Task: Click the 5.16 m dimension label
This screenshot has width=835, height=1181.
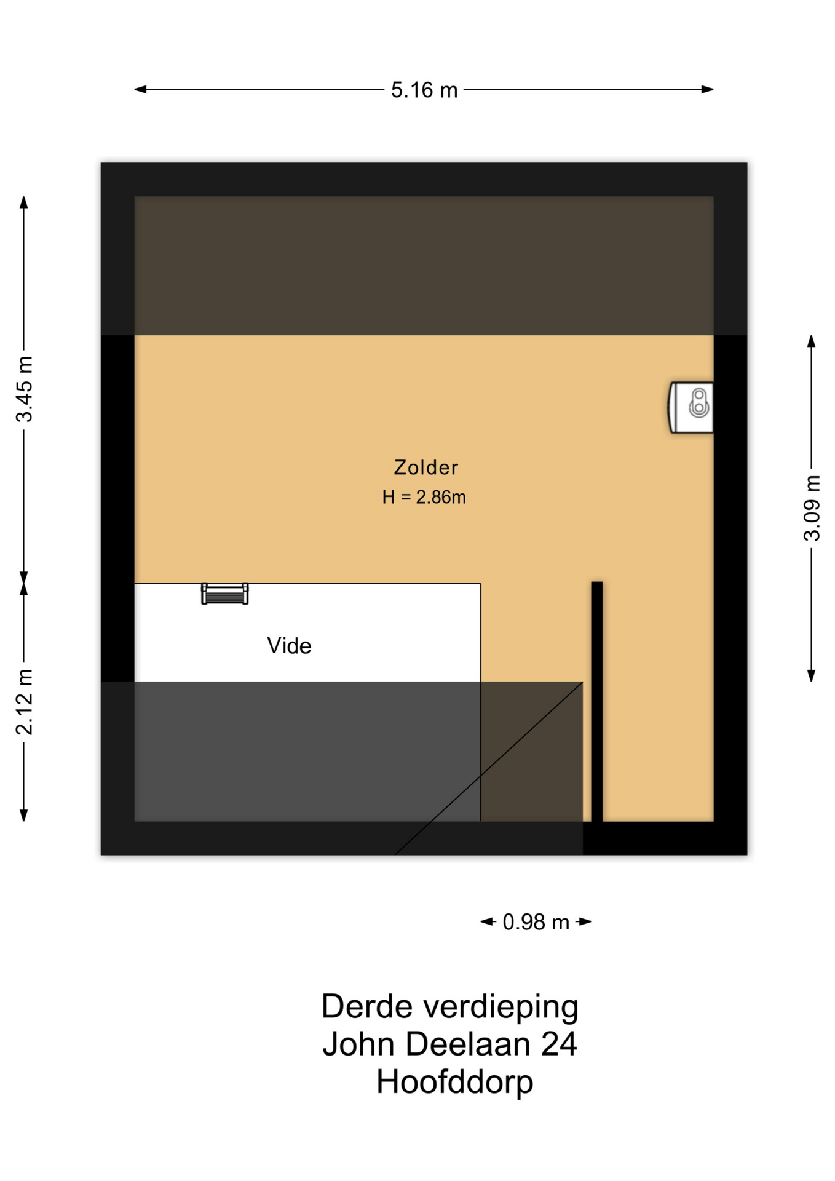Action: (x=424, y=90)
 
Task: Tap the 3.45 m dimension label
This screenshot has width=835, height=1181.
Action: (x=24, y=389)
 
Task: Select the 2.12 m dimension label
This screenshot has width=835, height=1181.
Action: (x=24, y=702)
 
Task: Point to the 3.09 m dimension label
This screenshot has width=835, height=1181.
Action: (x=812, y=508)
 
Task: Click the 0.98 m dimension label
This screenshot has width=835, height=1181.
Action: (x=536, y=922)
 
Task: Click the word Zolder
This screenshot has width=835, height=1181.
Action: (x=426, y=467)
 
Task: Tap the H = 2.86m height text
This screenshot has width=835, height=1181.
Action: (x=424, y=497)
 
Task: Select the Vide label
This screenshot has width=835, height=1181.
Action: (x=289, y=646)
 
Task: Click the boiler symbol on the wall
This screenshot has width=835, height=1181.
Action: (x=691, y=407)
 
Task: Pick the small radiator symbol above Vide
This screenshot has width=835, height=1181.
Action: (x=225, y=594)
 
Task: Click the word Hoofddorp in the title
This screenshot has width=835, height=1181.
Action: (x=454, y=1082)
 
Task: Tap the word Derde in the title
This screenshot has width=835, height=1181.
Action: (x=366, y=1007)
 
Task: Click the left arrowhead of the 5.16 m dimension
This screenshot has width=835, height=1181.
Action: (x=140, y=89)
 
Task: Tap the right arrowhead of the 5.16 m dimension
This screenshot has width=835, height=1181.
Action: (x=708, y=89)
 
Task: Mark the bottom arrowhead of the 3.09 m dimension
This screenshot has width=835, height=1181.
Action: (x=812, y=675)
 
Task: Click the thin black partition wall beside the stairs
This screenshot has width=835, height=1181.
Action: (x=597, y=701)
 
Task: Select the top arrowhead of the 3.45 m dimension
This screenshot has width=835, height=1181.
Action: (x=24, y=202)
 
